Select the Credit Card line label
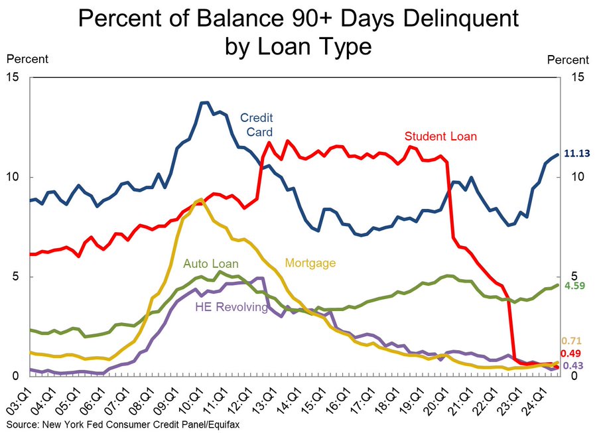click(257, 125)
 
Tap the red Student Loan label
click(441, 137)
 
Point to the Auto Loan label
click(210, 263)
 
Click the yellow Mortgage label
click(310, 263)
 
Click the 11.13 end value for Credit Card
click(576, 154)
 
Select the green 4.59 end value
click(574, 286)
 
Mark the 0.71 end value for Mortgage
click(572, 340)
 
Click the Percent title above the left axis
click(27, 60)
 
